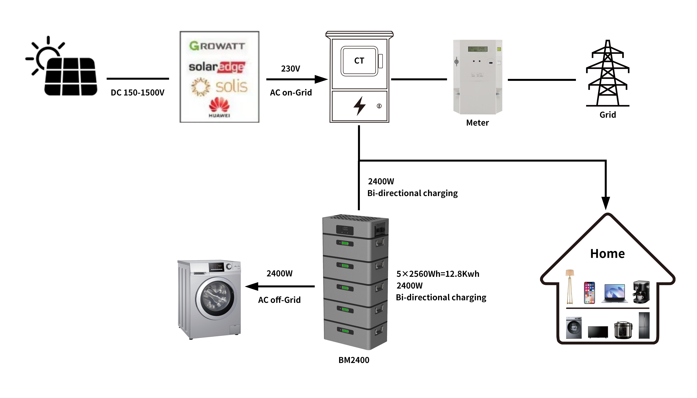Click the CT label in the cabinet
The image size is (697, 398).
pos(359,61)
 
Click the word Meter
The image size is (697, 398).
pos(477,123)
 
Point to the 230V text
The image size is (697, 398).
pos(290,69)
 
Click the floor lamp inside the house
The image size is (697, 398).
pos(570,287)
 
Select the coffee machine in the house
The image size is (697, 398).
pos(641,292)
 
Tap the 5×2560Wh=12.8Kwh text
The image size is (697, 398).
pos(438,274)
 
